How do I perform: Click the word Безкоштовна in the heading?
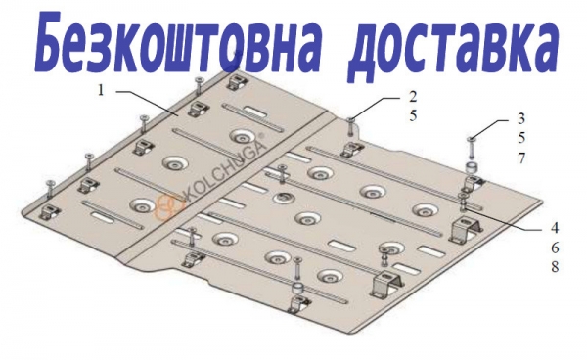tap(177, 42)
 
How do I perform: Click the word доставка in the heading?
tap(453, 47)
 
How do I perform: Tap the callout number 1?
tap(101, 90)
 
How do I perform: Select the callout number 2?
tap(413, 97)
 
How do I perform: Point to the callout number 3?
tap(521, 118)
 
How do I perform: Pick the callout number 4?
tap(555, 227)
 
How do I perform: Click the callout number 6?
tap(555, 247)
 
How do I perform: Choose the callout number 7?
tap(521, 158)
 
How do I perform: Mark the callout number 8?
tap(555, 267)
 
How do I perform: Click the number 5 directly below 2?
tap(413, 115)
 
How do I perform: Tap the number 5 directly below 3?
tap(521, 138)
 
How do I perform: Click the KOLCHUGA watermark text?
tap(224, 168)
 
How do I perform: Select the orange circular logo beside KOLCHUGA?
tap(168, 207)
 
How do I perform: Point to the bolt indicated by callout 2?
tap(351, 127)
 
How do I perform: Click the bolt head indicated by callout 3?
tap(470, 140)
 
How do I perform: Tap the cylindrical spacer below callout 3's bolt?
tap(472, 167)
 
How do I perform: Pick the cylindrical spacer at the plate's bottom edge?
tap(298, 290)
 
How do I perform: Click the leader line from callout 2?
tap(377, 108)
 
